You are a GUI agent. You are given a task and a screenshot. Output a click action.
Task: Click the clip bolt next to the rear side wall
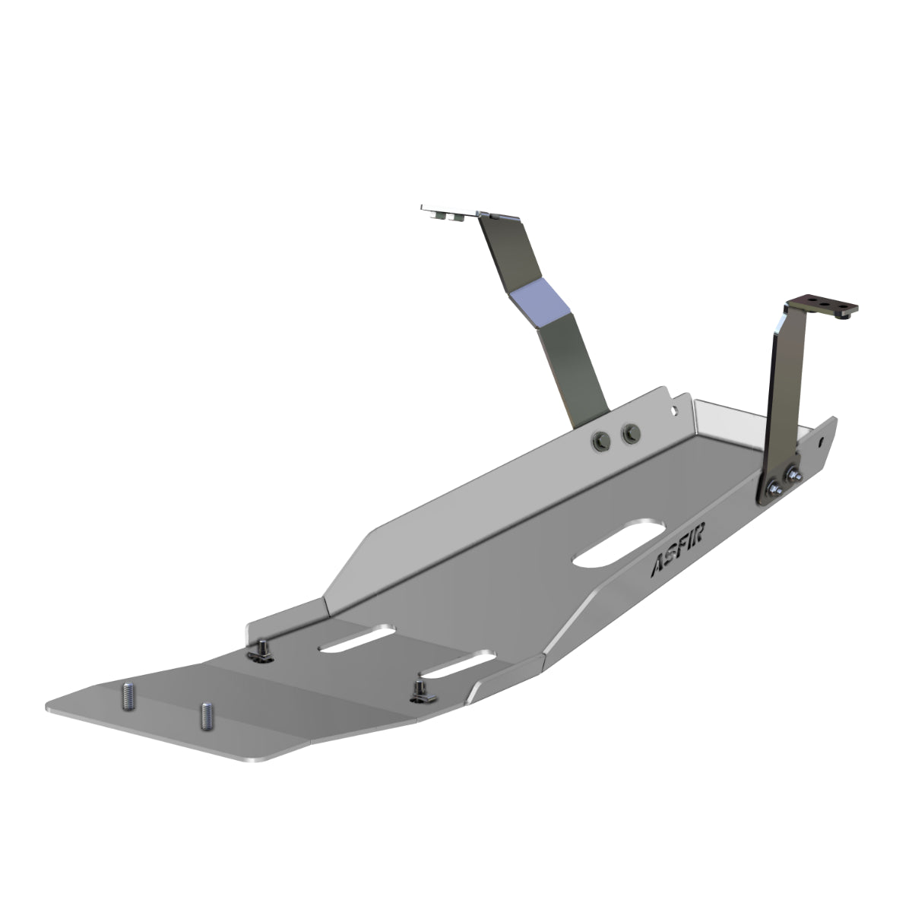click(261, 650)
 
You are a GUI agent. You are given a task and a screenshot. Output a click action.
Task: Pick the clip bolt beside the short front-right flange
click(419, 689)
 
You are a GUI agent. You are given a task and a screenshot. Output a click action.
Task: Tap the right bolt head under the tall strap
click(630, 434)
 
